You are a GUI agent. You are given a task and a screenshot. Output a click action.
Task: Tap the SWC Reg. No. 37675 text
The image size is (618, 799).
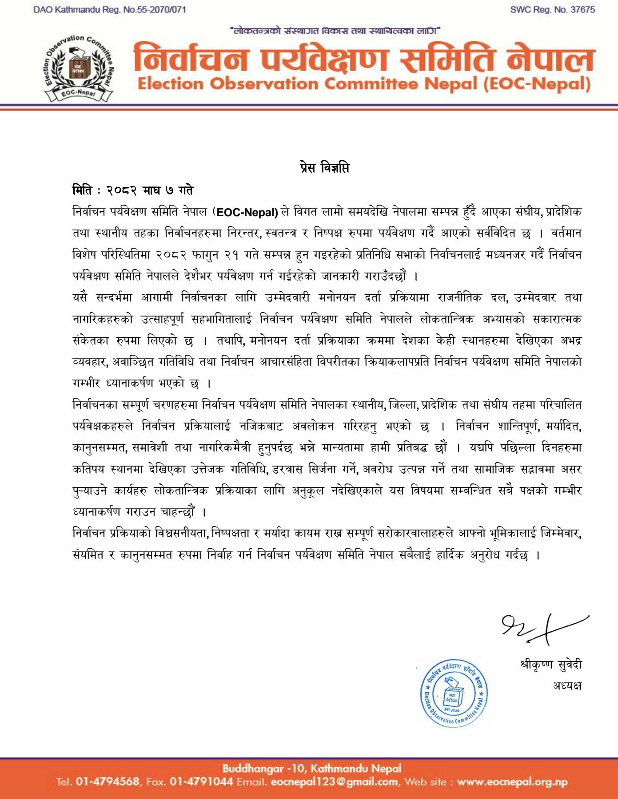coord(552,10)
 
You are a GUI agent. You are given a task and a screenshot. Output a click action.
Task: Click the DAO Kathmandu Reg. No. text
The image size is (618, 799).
coord(110,10)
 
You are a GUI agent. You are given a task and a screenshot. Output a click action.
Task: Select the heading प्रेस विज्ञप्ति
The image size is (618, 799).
coord(324,168)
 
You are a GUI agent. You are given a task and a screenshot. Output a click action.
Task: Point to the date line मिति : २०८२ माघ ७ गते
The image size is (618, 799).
coord(133,190)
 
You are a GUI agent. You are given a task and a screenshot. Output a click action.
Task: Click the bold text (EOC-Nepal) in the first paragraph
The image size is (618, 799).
coord(247,212)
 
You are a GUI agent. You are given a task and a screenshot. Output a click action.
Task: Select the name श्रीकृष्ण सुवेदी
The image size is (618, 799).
coord(550,665)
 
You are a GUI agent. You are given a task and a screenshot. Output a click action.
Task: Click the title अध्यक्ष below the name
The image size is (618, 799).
coord(567,685)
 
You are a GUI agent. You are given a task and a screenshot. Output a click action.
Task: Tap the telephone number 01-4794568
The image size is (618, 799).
coord(108,782)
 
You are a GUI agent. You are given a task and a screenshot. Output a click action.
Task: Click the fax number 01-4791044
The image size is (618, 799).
coord(201,782)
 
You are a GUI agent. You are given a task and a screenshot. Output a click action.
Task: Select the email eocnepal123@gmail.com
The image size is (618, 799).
coord(334,782)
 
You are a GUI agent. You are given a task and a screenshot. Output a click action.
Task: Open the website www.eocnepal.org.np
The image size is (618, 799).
coord(512,782)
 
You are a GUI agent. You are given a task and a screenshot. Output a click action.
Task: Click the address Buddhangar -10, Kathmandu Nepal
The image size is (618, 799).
coord(311,768)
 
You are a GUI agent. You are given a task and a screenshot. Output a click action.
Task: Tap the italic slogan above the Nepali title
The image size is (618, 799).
coord(335,31)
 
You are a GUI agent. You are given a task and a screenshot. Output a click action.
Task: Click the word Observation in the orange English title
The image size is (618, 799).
coord(264,84)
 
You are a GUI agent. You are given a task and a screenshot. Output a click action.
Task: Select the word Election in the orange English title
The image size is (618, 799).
coord(171,84)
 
